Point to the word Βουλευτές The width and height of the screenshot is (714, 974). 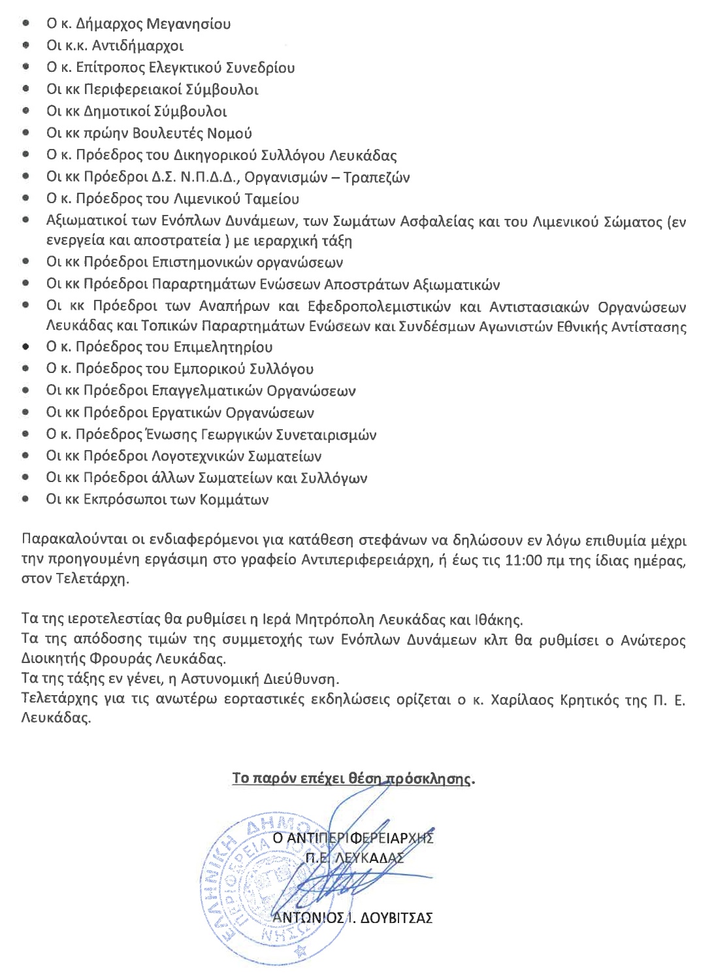167,134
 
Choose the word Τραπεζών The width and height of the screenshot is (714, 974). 376,178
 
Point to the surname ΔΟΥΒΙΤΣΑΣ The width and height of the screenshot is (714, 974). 396,918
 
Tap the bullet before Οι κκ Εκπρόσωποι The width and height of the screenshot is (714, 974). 25,500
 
